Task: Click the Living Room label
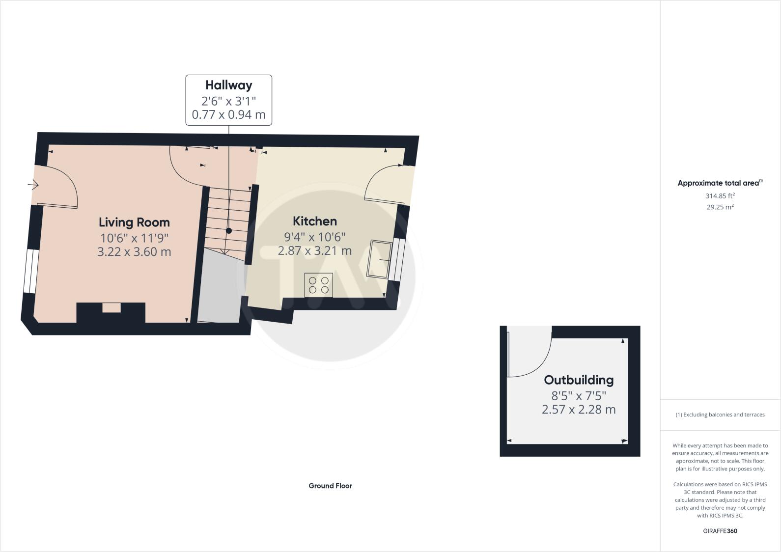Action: click(x=134, y=222)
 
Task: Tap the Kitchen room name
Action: click(x=315, y=221)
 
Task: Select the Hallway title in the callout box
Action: click(x=229, y=85)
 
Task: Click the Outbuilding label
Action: click(x=579, y=380)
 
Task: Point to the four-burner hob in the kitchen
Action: click(x=318, y=285)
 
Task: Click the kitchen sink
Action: click(x=380, y=258)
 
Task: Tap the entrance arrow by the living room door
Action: click(x=33, y=185)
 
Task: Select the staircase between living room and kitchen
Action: click(x=227, y=220)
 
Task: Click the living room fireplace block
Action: click(x=111, y=312)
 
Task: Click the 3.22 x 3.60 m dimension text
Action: click(x=134, y=252)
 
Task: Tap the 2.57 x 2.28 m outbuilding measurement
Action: click(x=579, y=410)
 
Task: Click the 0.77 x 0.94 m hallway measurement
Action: click(x=229, y=115)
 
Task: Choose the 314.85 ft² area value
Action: click(x=720, y=195)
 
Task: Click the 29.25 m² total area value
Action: click(x=720, y=207)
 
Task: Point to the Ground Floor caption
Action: click(x=330, y=486)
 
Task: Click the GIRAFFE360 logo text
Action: click(x=720, y=531)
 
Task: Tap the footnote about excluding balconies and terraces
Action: click(x=720, y=414)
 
